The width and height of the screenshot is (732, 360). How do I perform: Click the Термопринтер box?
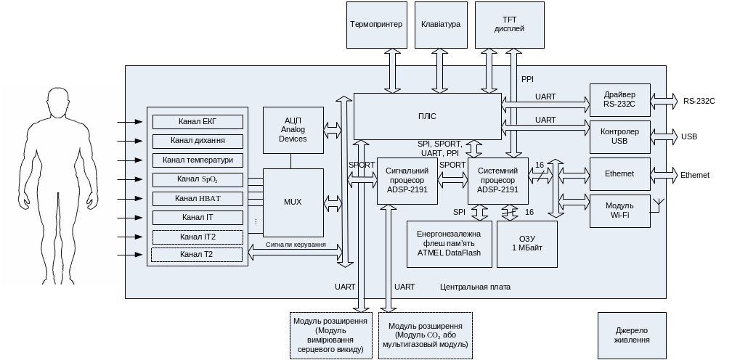(375, 25)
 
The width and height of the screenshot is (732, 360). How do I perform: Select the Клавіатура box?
(440, 25)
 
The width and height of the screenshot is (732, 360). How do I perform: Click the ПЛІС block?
(427, 116)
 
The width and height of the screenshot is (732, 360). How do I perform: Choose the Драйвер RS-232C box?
(619, 99)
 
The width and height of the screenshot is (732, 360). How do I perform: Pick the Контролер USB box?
(619, 136)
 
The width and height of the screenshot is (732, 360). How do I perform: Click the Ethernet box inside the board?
(619, 174)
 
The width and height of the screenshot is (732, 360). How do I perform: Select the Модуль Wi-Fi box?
(619, 210)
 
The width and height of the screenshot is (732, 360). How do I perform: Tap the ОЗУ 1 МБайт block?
(526, 244)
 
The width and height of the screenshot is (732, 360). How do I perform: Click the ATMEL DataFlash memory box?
(449, 244)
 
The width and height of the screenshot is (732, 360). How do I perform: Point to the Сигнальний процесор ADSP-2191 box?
(407, 181)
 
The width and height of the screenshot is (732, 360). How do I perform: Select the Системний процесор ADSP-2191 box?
(497, 181)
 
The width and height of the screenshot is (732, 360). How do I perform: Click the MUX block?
(293, 202)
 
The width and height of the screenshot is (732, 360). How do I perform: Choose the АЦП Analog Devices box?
(293, 130)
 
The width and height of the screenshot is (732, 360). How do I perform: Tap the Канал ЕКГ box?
(198, 121)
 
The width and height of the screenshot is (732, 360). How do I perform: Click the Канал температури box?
(198, 160)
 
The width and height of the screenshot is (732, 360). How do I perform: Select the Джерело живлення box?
(631, 335)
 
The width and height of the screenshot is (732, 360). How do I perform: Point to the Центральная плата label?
(475, 287)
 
